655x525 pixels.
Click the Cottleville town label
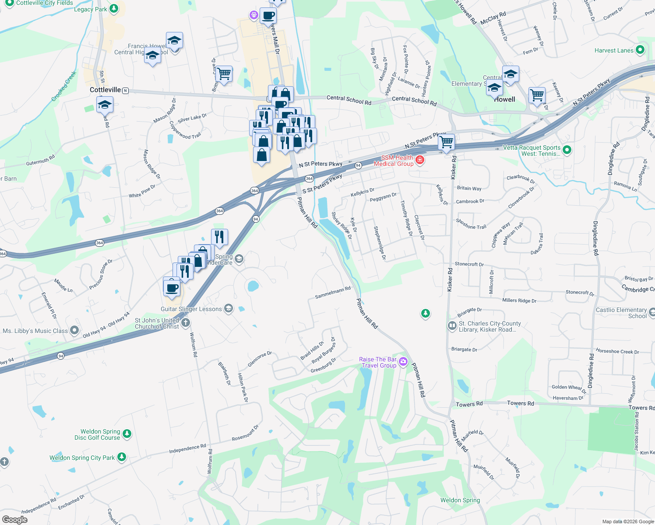[105, 90]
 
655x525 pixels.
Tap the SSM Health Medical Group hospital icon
[420, 160]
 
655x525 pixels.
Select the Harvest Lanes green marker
[640, 50]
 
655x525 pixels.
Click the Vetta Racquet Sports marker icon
[567, 150]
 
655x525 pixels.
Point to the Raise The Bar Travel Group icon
[403, 362]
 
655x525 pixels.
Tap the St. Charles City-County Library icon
[452, 325]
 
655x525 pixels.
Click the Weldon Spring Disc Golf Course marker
[127, 434]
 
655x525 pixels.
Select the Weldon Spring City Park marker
[122, 457]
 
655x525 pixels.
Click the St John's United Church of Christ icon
[186, 323]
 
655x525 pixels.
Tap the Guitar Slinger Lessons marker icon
[228, 308]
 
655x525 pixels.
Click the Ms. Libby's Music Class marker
[74, 330]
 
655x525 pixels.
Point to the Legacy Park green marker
[114, 8]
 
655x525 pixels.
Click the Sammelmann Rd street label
[333, 292]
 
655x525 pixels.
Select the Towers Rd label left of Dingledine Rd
[520, 403]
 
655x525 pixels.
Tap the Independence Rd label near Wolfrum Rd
[187, 448]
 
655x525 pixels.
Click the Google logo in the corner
[14, 519]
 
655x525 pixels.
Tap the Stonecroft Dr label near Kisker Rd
[469, 264]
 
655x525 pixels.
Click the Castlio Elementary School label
[621, 313]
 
